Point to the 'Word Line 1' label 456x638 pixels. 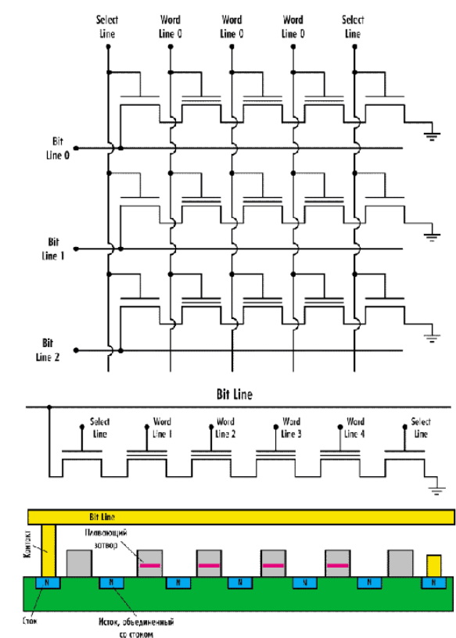click(163, 428)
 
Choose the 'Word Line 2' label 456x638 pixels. click(226, 428)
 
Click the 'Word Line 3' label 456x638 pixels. click(291, 428)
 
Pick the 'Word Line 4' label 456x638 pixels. click(355, 428)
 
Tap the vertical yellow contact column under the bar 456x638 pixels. click(48, 551)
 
